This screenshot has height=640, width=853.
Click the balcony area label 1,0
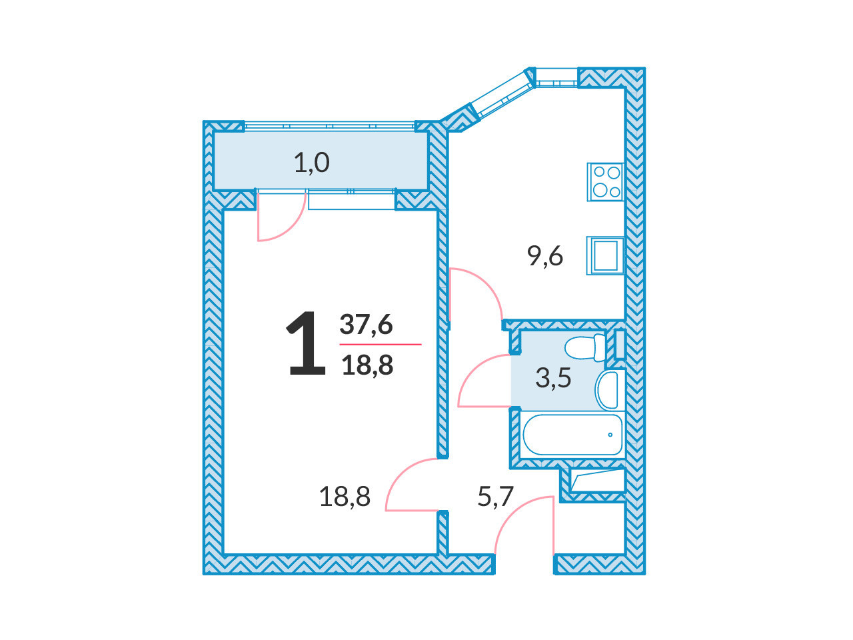pyautogui.click(x=312, y=163)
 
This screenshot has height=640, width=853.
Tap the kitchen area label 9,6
pyautogui.click(x=545, y=256)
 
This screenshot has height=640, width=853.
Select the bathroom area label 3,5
pyautogui.click(x=553, y=378)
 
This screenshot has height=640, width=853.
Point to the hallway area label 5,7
pyautogui.click(x=496, y=496)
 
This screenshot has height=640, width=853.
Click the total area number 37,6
pyautogui.click(x=366, y=325)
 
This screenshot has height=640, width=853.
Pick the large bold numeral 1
pyautogui.click(x=307, y=343)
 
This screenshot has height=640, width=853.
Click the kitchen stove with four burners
pyautogui.click(x=605, y=182)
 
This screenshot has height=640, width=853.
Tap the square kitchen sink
pyautogui.click(x=605, y=256)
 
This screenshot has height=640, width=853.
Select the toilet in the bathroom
pyautogui.click(x=585, y=348)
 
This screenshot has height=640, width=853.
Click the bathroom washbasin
pyautogui.click(x=607, y=390)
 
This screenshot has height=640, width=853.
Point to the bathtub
pyautogui.click(x=573, y=435)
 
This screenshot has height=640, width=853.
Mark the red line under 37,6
pyautogui.click(x=380, y=344)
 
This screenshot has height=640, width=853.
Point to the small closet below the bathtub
pyautogui.click(x=597, y=481)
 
